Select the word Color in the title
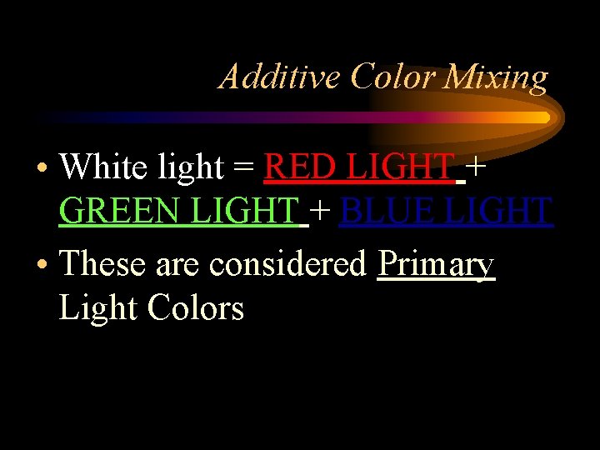pyautogui.click(x=393, y=77)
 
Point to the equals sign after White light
pyautogui.click(x=243, y=169)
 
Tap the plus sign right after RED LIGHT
pyautogui.click(x=477, y=168)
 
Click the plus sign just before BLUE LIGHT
pyautogui.click(x=323, y=212)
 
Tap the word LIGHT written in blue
pyautogui.click(x=500, y=212)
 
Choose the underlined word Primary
pyautogui.click(x=437, y=266)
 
